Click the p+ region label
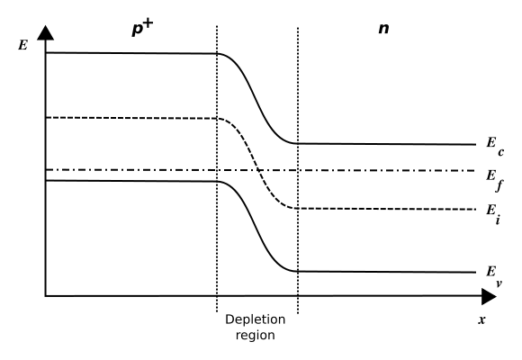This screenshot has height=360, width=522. pos(142,28)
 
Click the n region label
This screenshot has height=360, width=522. pos(383,28)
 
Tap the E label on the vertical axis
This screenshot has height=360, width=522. pos(22,45)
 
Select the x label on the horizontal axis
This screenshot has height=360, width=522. pos(481,320)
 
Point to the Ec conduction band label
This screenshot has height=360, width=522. pos(495,146)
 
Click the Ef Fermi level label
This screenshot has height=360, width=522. pos(495,180)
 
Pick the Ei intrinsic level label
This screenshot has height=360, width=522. pos(493,214)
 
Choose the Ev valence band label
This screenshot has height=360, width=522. pos(494,275)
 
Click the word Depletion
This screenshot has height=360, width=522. pos(256,319)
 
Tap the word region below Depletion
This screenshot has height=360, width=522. pos(256,335)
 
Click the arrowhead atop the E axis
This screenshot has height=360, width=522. pos(45,32)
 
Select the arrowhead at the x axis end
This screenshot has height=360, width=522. pos(489,296)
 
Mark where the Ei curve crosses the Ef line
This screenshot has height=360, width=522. pos(259,170)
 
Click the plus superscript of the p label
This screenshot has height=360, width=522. pos(148,24)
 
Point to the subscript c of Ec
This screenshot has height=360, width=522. pos(501,152)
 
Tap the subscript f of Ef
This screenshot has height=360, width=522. pos(499,185)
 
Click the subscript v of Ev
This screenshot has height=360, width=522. pos(499,284)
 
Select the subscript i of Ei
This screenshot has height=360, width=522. pos(498,220)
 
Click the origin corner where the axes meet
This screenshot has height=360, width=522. pos(45,296)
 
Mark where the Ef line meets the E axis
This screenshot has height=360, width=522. pos(45,170)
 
